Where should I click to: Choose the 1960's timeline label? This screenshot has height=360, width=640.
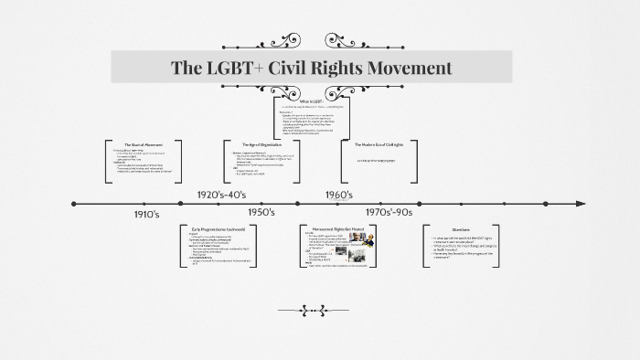(x=338, y=195)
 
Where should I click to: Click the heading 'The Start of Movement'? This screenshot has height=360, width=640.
(x=143, y=145)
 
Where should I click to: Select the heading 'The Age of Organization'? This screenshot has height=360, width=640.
(x=257, y=145)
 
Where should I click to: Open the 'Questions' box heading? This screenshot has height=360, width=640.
(x=460, y=228)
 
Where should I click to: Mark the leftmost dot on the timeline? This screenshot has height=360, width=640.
(x=74, y=204)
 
